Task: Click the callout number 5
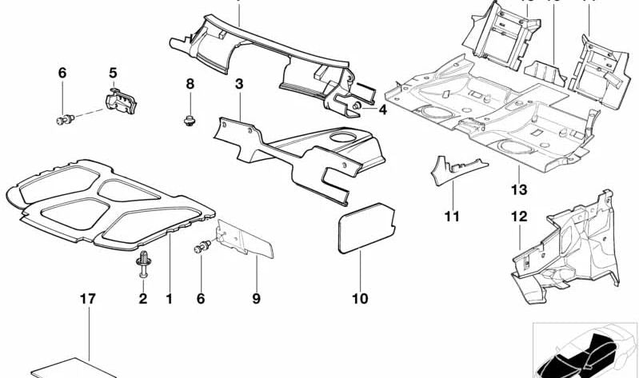[x=113, y=73]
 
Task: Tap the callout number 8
[x=190, y=84]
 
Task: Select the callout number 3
[x=238, y=84]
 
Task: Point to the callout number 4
[x=383, y=109]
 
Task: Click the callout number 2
[x=143, y=299]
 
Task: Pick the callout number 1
[x=169, y=299]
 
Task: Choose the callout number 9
[x=256, y=299]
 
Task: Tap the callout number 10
[x=359, y=299]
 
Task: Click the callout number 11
[x=453, y=216]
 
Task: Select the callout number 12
[x=520, y=216]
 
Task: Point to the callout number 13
[x=519, y=189]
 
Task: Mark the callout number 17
[x=87, y=299]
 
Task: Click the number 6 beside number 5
[x=62, y=73]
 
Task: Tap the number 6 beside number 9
[x=201, y=299]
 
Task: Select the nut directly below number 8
[x=188, y=122]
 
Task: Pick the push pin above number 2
[x=144, y=261]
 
